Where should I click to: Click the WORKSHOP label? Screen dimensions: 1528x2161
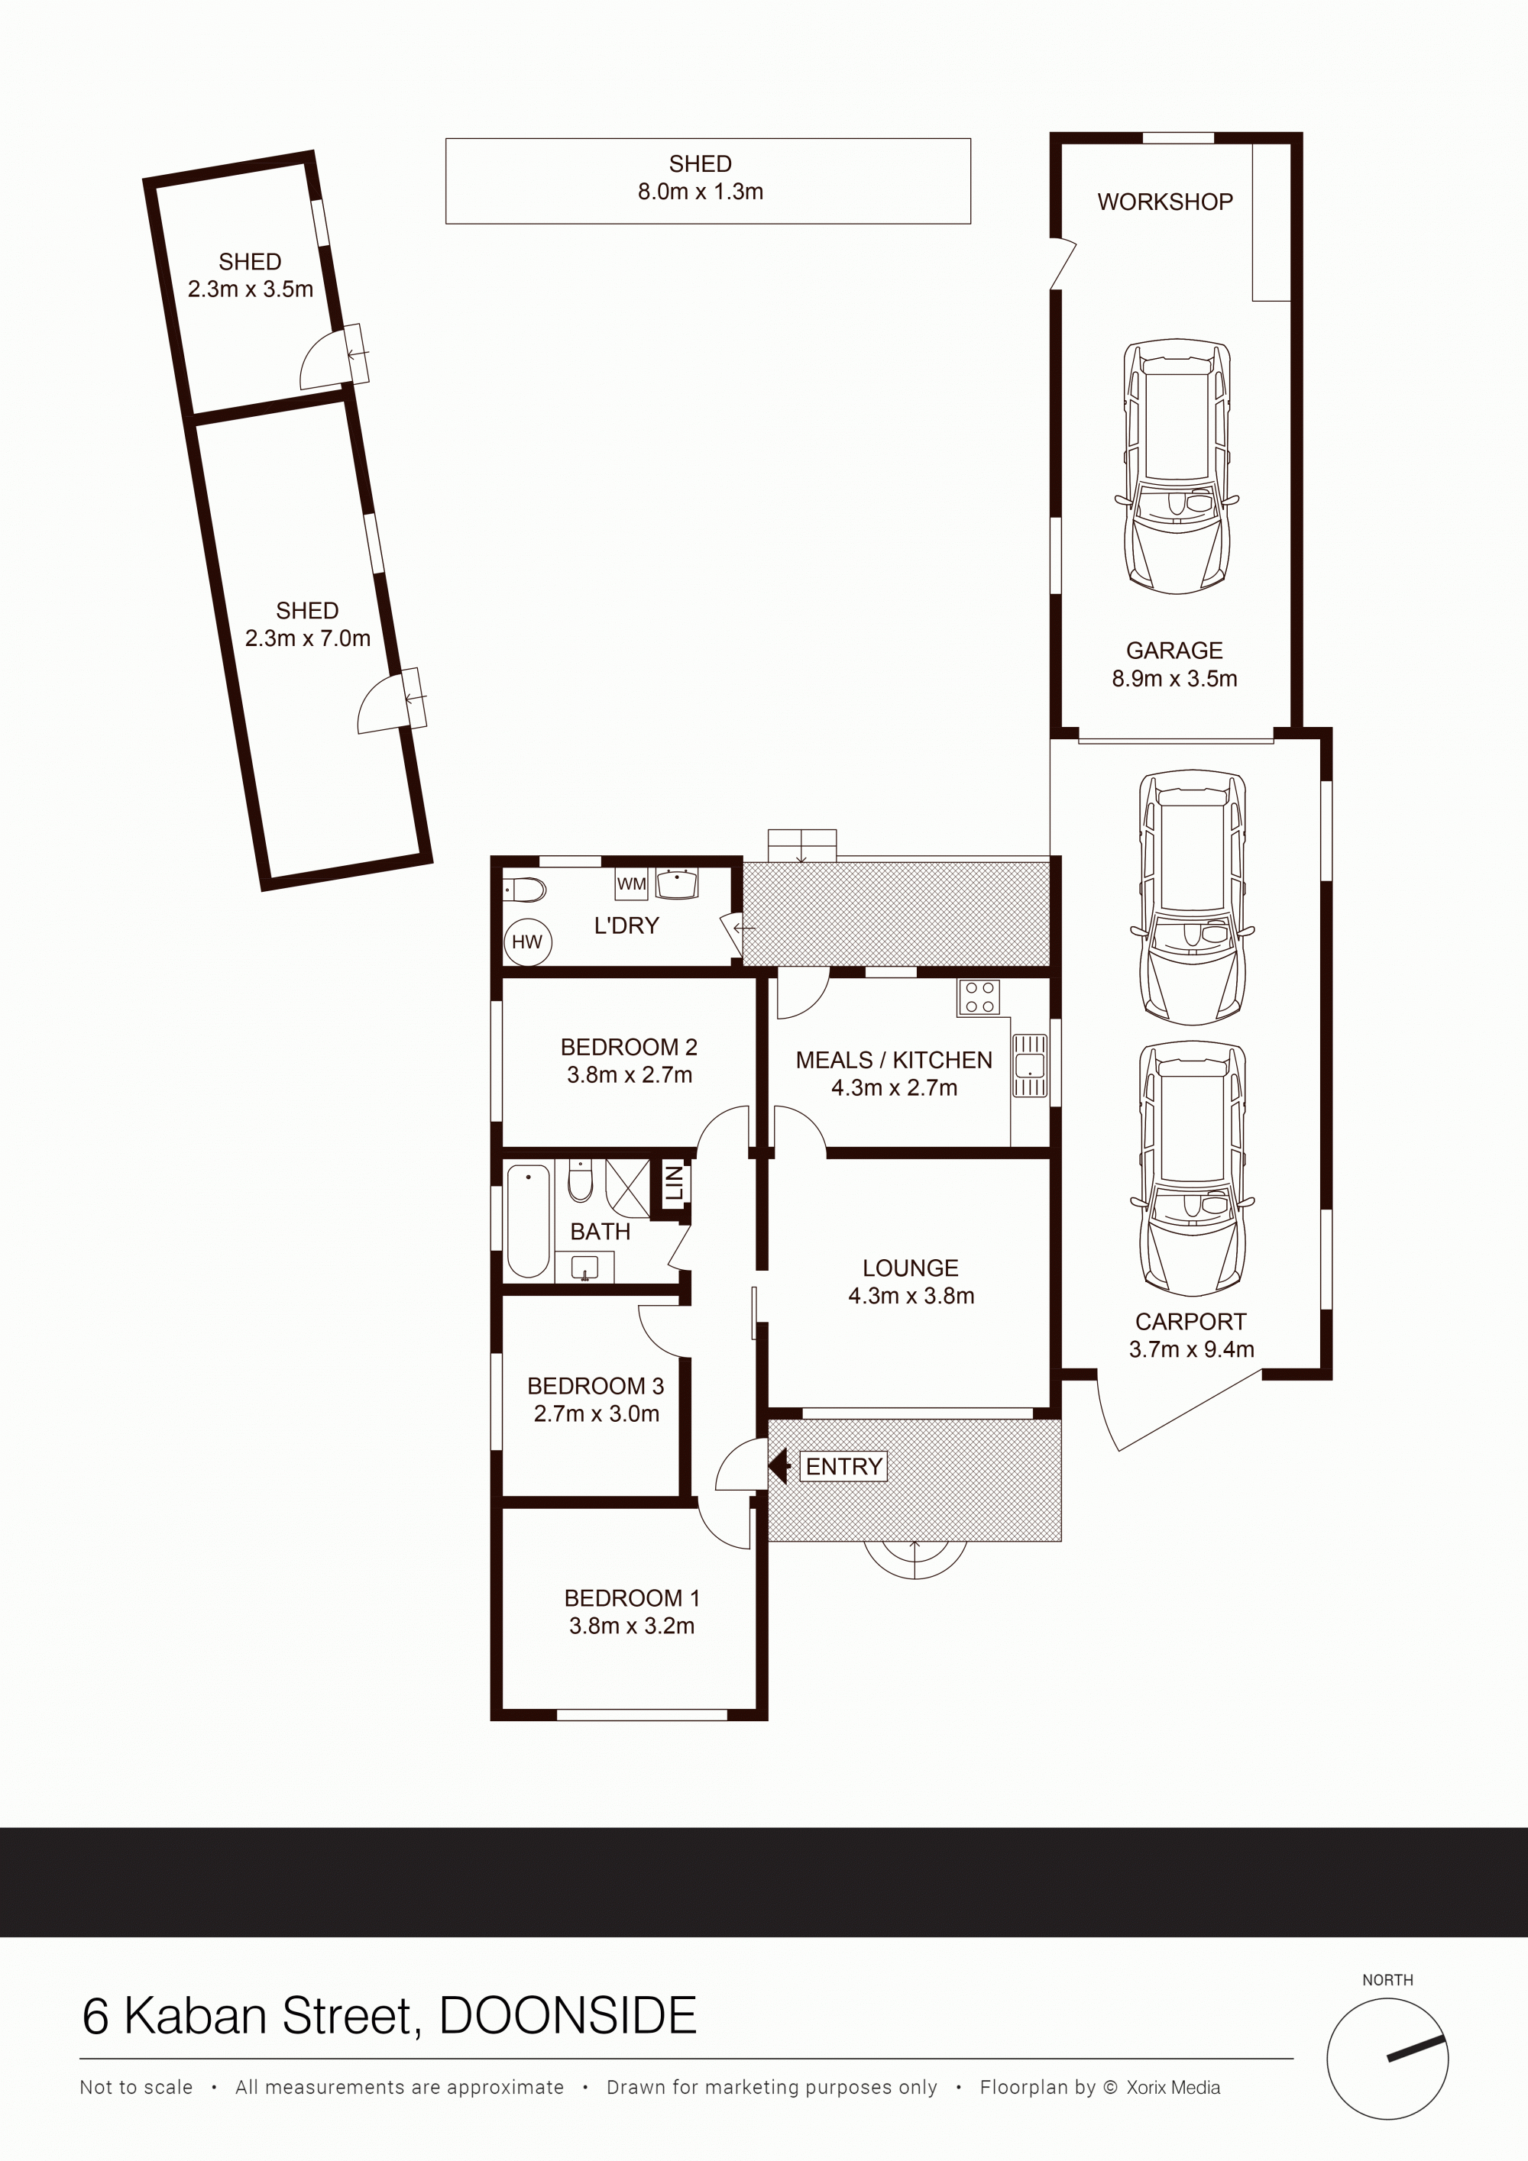1164,202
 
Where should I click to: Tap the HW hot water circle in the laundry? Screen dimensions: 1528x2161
527,942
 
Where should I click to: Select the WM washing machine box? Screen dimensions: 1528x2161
631,883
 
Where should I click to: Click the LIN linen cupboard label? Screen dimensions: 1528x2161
674,1182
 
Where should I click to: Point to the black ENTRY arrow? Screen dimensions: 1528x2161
779,1465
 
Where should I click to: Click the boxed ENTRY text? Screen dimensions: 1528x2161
843,1466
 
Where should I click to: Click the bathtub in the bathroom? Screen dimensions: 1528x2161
528,1221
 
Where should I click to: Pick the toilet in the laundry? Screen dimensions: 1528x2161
524,890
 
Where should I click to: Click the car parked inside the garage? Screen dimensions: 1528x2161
1177,467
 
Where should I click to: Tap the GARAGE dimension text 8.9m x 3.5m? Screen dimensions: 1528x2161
1174,679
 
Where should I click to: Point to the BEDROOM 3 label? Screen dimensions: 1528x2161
595,1385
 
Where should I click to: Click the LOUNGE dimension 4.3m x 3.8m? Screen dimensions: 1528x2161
911,1295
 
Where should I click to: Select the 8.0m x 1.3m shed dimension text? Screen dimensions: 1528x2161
701,191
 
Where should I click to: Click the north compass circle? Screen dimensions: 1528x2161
1387,2060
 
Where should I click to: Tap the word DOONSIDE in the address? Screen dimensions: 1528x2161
568,2015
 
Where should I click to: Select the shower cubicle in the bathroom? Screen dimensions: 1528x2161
627,1189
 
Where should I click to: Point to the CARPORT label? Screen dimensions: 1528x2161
1190,1322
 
